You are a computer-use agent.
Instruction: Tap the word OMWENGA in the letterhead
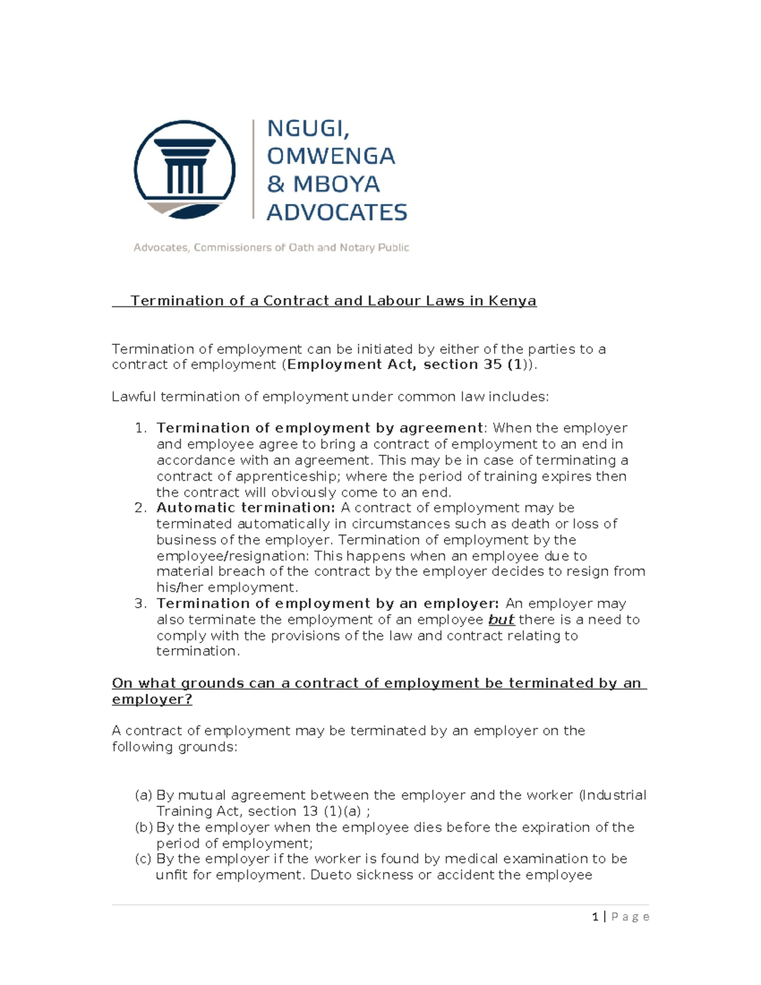click(x=330, y=156)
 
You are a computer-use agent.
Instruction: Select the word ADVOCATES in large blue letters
click(x=337, y=212)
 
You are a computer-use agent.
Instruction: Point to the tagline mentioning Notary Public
click(x=271, y=247)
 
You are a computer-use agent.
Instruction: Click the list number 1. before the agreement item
click(x=141, y=428)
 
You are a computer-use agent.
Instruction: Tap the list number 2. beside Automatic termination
click(x=141, y=507)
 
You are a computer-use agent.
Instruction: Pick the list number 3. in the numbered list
click(x=141, y=603)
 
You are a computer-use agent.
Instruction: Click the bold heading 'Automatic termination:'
click(x=245, y=507)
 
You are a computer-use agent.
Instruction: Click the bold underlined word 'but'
click(x=501, y=620)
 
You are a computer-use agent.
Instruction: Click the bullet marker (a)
click(x=144, y=795)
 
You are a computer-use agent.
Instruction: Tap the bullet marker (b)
click(x=144, y=828)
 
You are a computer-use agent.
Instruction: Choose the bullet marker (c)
click(x=144, y=859)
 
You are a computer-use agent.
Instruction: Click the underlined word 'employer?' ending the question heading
click(x=152, y=700)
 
